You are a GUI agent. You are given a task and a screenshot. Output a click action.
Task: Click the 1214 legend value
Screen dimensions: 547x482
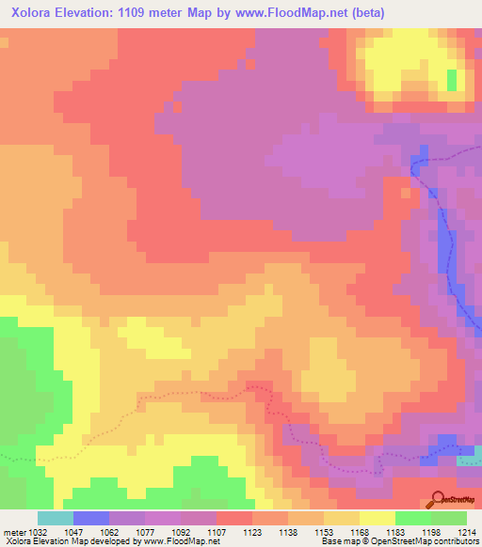coord(466,531)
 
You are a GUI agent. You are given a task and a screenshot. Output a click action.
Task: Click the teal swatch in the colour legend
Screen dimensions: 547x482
coord(55,518)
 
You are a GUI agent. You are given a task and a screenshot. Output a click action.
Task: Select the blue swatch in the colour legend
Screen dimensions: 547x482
coord(90,518)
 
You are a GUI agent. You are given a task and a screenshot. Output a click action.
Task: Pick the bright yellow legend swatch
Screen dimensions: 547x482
coord(377,518)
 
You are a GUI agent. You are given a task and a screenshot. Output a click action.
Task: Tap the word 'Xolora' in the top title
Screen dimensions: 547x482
coord(30,12)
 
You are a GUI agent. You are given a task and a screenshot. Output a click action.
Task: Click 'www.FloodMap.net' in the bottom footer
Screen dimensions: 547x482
coord(176,541)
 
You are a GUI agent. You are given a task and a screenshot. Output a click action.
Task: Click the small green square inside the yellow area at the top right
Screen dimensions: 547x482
coord(452,80)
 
